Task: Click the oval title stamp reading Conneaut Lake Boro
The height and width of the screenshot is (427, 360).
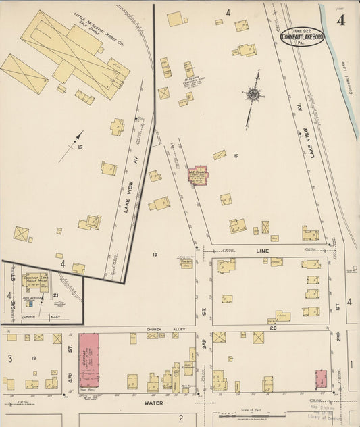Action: click(x=303, y=36)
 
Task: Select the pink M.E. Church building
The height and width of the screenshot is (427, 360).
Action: click(x=199, y=174)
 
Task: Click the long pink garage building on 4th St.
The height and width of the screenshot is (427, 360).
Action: click(x=88, y=359)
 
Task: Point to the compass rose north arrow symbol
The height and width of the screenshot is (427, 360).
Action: click(x=253, y=94)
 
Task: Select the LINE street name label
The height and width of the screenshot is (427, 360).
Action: click(x=262, y=251)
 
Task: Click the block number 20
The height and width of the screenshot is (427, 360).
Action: click(x=274, y=328)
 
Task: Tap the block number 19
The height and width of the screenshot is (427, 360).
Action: click(x=155, y=254)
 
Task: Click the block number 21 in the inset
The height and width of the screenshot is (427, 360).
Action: click(x=55, y=295)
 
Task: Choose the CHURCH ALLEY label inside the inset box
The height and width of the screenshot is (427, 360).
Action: click(x=32, y=317)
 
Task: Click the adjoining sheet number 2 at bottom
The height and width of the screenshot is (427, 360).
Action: click(x=181, y=418)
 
